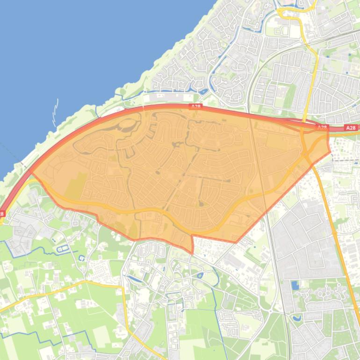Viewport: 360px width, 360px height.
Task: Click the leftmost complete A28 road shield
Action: point(195,107)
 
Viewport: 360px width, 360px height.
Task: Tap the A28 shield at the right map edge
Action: point(351,128)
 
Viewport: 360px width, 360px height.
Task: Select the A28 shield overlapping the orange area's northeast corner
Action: point(322,127)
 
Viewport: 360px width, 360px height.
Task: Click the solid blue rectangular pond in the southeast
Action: point(295,285)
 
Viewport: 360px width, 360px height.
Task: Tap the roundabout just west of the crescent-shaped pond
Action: point(270,310)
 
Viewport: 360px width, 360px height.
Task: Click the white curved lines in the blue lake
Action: point(55,112)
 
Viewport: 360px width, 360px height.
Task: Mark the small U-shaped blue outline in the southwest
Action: point(82,258)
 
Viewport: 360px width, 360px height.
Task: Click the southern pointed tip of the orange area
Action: point(192,253)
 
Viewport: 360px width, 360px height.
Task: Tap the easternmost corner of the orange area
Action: point(330,151)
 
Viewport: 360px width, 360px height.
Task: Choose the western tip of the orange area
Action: point(31,173)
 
